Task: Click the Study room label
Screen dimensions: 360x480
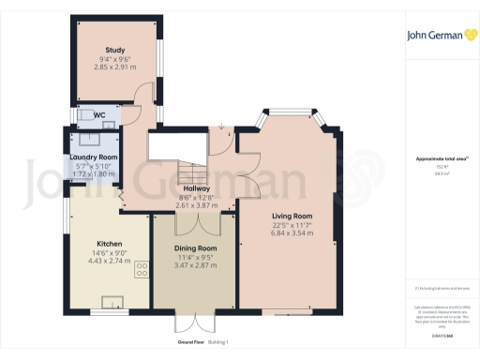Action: [115, 50]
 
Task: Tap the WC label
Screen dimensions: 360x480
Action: [99, 115]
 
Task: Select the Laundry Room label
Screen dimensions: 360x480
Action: [94, 157]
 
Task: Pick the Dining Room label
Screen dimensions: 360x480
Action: [196, 248]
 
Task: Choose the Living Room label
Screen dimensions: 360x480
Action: [292, 217]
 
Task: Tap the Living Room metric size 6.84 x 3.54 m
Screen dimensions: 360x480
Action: [292, 233]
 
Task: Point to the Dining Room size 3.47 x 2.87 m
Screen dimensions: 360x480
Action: [196, 265]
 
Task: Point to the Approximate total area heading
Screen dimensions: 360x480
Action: [435, 158]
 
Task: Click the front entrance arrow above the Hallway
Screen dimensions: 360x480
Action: [221, 127]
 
